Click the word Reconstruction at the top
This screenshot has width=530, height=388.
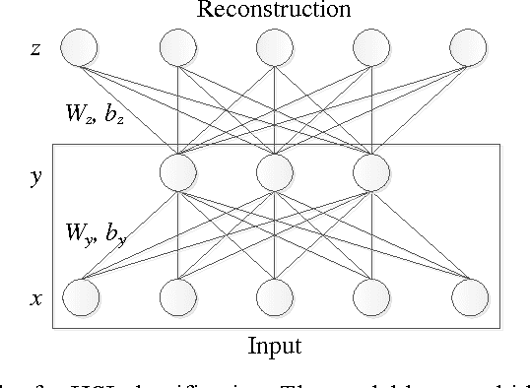(x=275, y=11)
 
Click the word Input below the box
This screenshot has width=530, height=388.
(x=275, y=346)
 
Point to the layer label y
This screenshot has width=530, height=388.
(x=36, y=177)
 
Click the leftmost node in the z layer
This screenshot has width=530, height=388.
(x=80, y=47)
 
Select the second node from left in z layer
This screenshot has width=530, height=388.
(x=178, y=47)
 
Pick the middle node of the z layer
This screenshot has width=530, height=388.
(x=275, y=47)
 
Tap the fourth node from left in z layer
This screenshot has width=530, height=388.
(x=372, y=47)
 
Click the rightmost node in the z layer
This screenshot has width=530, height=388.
(x=469, y=47)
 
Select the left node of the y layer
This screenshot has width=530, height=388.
(x=178, y=173)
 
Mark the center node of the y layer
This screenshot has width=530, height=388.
(x=275, y=173)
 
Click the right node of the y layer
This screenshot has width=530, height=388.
(x=372, y=173)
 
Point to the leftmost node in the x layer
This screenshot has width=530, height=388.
(x=80, y=295)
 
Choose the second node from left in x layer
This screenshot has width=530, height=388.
(x=178, y=295)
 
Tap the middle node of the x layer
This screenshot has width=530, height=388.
(x=275, y=295)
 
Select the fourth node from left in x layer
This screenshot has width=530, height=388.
(x=372, y=295)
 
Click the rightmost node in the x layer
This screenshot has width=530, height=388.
(x=469, y=295)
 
